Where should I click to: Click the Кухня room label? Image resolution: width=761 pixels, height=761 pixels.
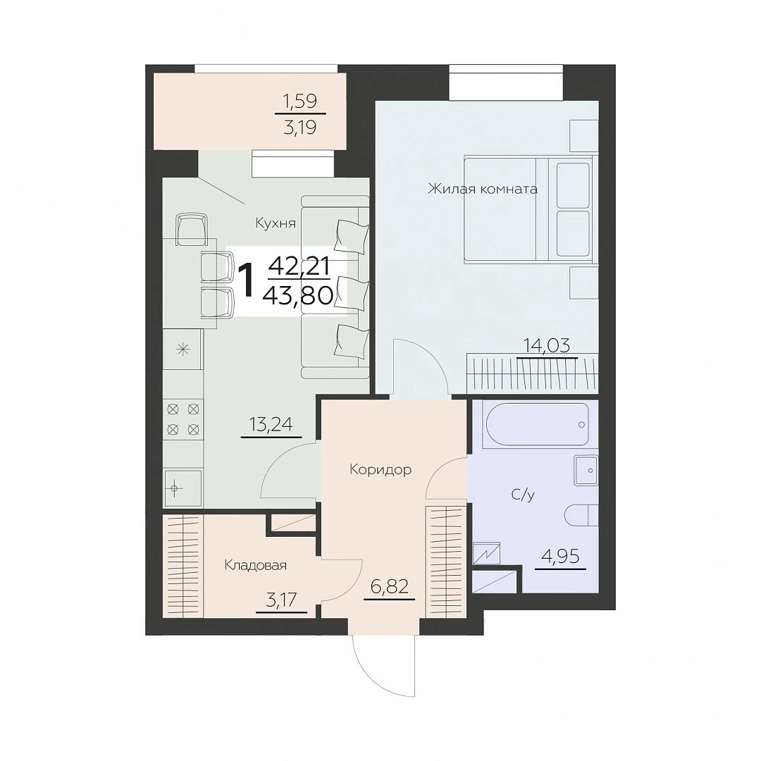tap(276, 223)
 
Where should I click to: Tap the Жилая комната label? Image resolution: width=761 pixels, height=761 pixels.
tap(483, 188)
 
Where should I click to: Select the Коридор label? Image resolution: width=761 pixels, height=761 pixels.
tap(380, 469)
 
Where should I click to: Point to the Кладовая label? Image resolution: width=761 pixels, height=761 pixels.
tap(255, 565)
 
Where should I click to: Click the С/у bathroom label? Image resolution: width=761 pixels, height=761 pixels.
tap(523, 495)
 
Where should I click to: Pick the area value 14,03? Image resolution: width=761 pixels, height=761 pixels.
tap(547, 346)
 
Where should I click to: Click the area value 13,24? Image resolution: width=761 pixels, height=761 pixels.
tap(271, 425)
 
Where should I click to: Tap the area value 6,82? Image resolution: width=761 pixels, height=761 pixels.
tap(389, 587)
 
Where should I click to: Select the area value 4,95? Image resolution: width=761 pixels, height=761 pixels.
tap(560, 556)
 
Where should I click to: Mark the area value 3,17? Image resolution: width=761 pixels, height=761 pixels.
tap(281, 600)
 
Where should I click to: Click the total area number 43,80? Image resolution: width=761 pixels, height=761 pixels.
tap(298, 295)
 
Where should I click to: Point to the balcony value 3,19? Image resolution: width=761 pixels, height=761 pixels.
tap(300, 127)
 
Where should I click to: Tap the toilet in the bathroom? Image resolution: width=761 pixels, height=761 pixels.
tap(581, 514)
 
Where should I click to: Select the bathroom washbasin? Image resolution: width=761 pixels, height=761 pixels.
tap(586, 470)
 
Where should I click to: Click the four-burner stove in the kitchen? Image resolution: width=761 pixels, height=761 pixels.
tap(183, 419)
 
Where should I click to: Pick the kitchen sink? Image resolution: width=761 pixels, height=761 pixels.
tap(183, 488)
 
